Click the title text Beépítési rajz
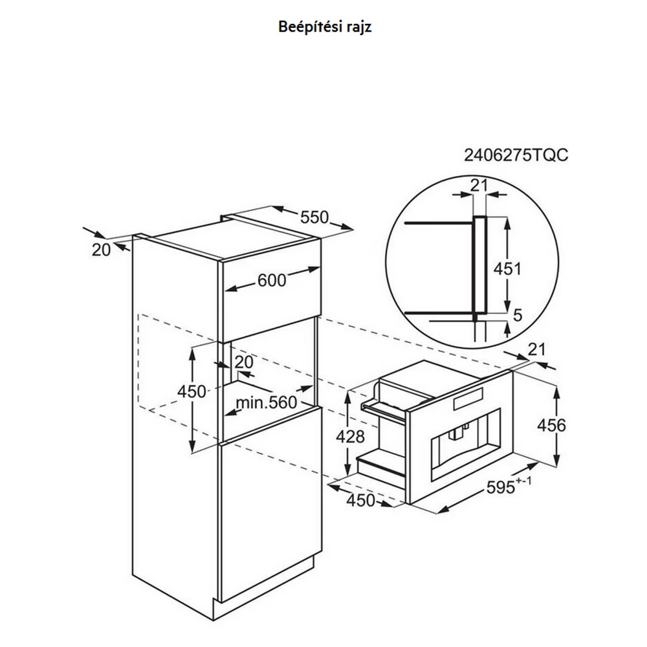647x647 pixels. (325, 27)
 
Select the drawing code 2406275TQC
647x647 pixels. (516, 155)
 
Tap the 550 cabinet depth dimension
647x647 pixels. (314, 217)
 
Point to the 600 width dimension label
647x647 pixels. (272, 281)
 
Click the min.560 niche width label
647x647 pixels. (267, 402)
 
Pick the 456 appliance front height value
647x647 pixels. (551, 425)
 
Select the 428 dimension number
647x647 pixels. (350, 437)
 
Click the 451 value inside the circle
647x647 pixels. (507, 269)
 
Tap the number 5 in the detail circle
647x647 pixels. (518, 315)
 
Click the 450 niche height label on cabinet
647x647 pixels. (192, 391)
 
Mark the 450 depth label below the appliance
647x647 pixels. (360, 501)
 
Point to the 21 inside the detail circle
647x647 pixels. (479, 186)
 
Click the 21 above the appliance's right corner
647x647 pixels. (536, 349)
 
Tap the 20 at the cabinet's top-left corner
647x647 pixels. (101, 250)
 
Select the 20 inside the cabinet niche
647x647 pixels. (243, 362)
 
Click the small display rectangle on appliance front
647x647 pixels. (468, 399)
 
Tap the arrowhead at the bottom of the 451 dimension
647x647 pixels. (507, 306)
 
